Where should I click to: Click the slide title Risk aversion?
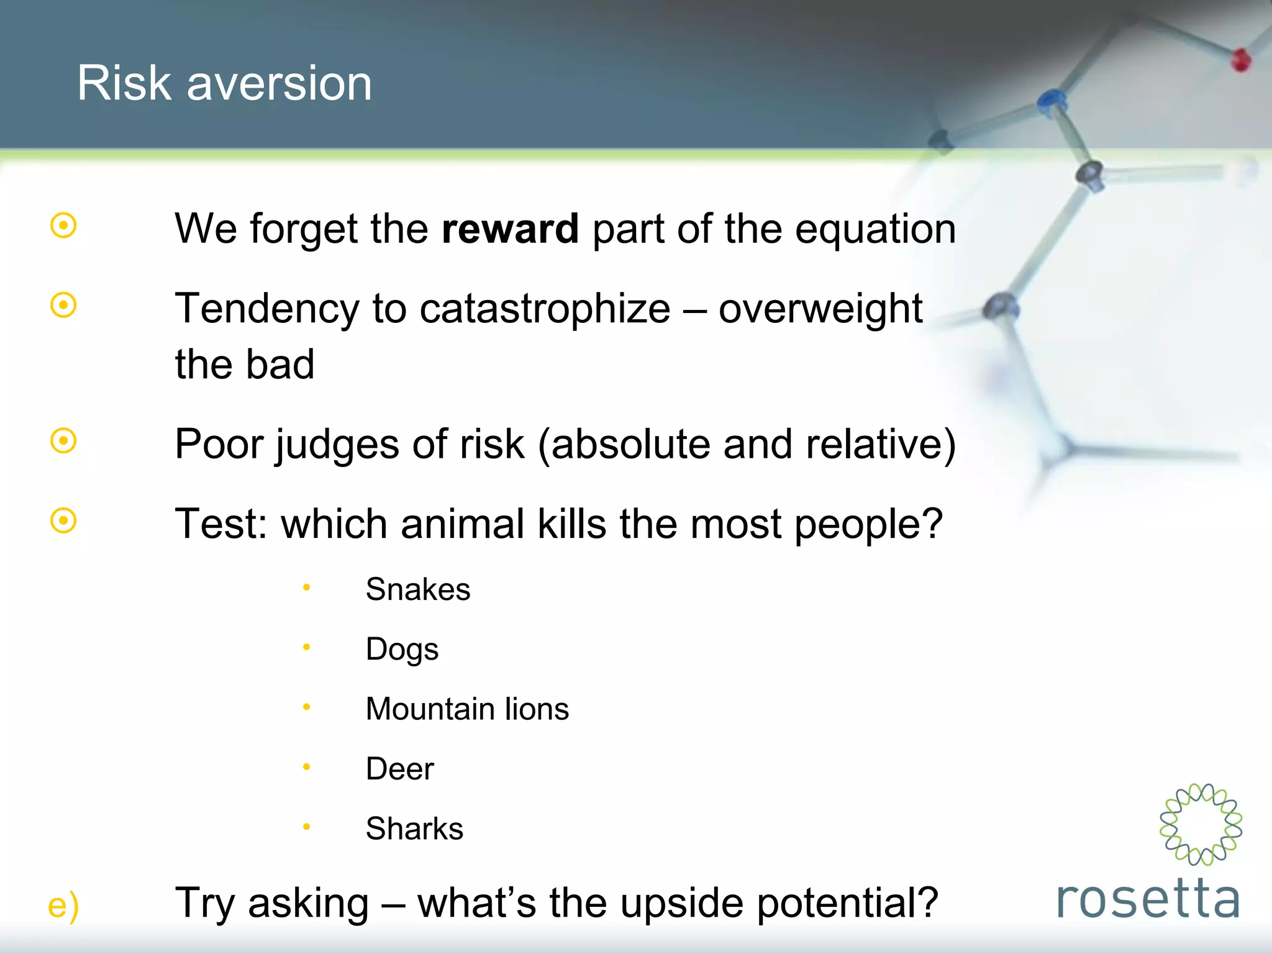click(x=224, y=83)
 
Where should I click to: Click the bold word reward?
click(x=510, y=229)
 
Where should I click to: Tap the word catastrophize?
click(x=545, y=309)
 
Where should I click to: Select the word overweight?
click(x=820, y=309)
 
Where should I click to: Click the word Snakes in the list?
click(x=417, y=589)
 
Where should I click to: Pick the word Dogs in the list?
click(x=402, y=650)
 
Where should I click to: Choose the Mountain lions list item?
click(x=467, y=709)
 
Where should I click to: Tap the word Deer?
click(x=399, y=769)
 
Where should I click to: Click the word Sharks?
click(x=414, y=829)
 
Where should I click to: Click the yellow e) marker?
click(x=63, y=906)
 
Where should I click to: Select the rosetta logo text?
click(x=1148, y=898)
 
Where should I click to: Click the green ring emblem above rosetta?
click(x=1201, y=824)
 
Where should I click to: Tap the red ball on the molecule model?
click(x=1240, y=60)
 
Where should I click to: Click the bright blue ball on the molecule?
click(x=1051, y=100)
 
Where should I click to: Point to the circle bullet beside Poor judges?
click(x=63, y=441)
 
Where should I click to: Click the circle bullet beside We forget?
click(x=63, y=225)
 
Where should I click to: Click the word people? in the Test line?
click(x=868, y=525)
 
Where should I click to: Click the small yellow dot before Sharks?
click(x=306, y=827)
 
